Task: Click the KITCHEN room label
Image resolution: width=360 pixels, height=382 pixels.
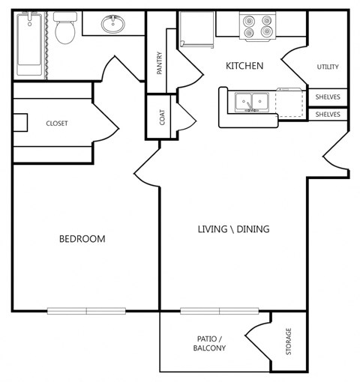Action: (x=244, y=66)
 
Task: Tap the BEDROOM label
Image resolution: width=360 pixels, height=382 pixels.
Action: (x=82, y=239)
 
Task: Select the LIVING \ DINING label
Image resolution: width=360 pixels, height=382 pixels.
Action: (x=233, y=229)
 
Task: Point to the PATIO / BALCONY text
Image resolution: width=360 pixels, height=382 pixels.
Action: (x=209, y=343)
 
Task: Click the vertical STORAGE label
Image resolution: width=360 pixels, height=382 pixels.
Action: (x=288, y=342)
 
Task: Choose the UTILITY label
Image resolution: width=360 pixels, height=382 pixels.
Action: (x=327, y=67)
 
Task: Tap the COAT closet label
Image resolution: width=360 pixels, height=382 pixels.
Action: (x=161, y=118)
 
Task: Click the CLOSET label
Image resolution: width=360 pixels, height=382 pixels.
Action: (x=57, y=124)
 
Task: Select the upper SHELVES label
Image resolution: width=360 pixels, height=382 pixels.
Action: (x=327, y=97)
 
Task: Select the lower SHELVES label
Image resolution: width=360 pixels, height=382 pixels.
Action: (x=327, y=115)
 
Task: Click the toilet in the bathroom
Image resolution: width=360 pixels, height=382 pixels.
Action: (x=65, y=30)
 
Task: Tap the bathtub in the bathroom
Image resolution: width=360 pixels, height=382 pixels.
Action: (x=30, y=45)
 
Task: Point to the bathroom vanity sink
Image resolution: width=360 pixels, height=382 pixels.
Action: (x=114, y=25)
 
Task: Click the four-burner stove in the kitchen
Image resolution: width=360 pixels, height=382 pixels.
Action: (x=257, y=27)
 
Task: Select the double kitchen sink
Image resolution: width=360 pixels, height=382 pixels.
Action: (x=250, y=101)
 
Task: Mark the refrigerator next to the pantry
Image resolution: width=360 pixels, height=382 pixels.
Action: (x=196, y=30)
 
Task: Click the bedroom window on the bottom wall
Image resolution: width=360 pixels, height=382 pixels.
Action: (x=86, y=311)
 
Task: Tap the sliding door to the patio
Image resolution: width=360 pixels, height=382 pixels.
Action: (x=220, y=311)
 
